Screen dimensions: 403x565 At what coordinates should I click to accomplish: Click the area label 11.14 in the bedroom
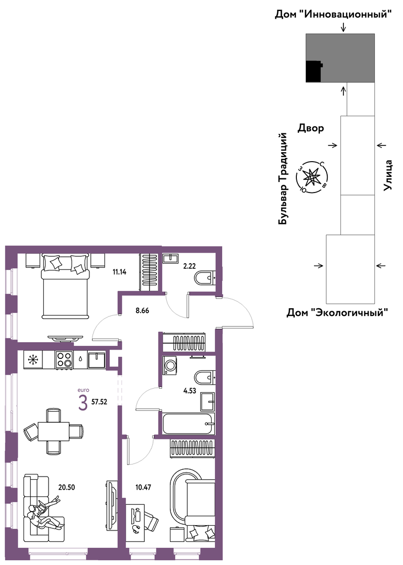point(119,272)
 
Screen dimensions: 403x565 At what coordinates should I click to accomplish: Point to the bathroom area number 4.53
point(189,390)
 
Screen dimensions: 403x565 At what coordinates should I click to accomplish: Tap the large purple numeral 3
point(83,403)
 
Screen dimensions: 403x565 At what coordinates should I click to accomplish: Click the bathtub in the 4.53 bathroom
point(189,424)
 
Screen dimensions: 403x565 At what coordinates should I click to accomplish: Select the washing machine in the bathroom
point(170,365)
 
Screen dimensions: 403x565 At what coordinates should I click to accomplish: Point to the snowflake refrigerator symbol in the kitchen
point(33,359)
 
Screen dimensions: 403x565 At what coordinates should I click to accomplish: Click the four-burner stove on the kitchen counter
point(64,359)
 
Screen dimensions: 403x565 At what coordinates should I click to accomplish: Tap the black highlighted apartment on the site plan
point(314,71)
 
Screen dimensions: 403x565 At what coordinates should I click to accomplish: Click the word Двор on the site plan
point(310,128)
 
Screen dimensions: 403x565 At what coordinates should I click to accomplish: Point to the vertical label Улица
point(387,175)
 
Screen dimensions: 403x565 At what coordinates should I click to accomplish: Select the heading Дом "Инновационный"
point(333,15)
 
